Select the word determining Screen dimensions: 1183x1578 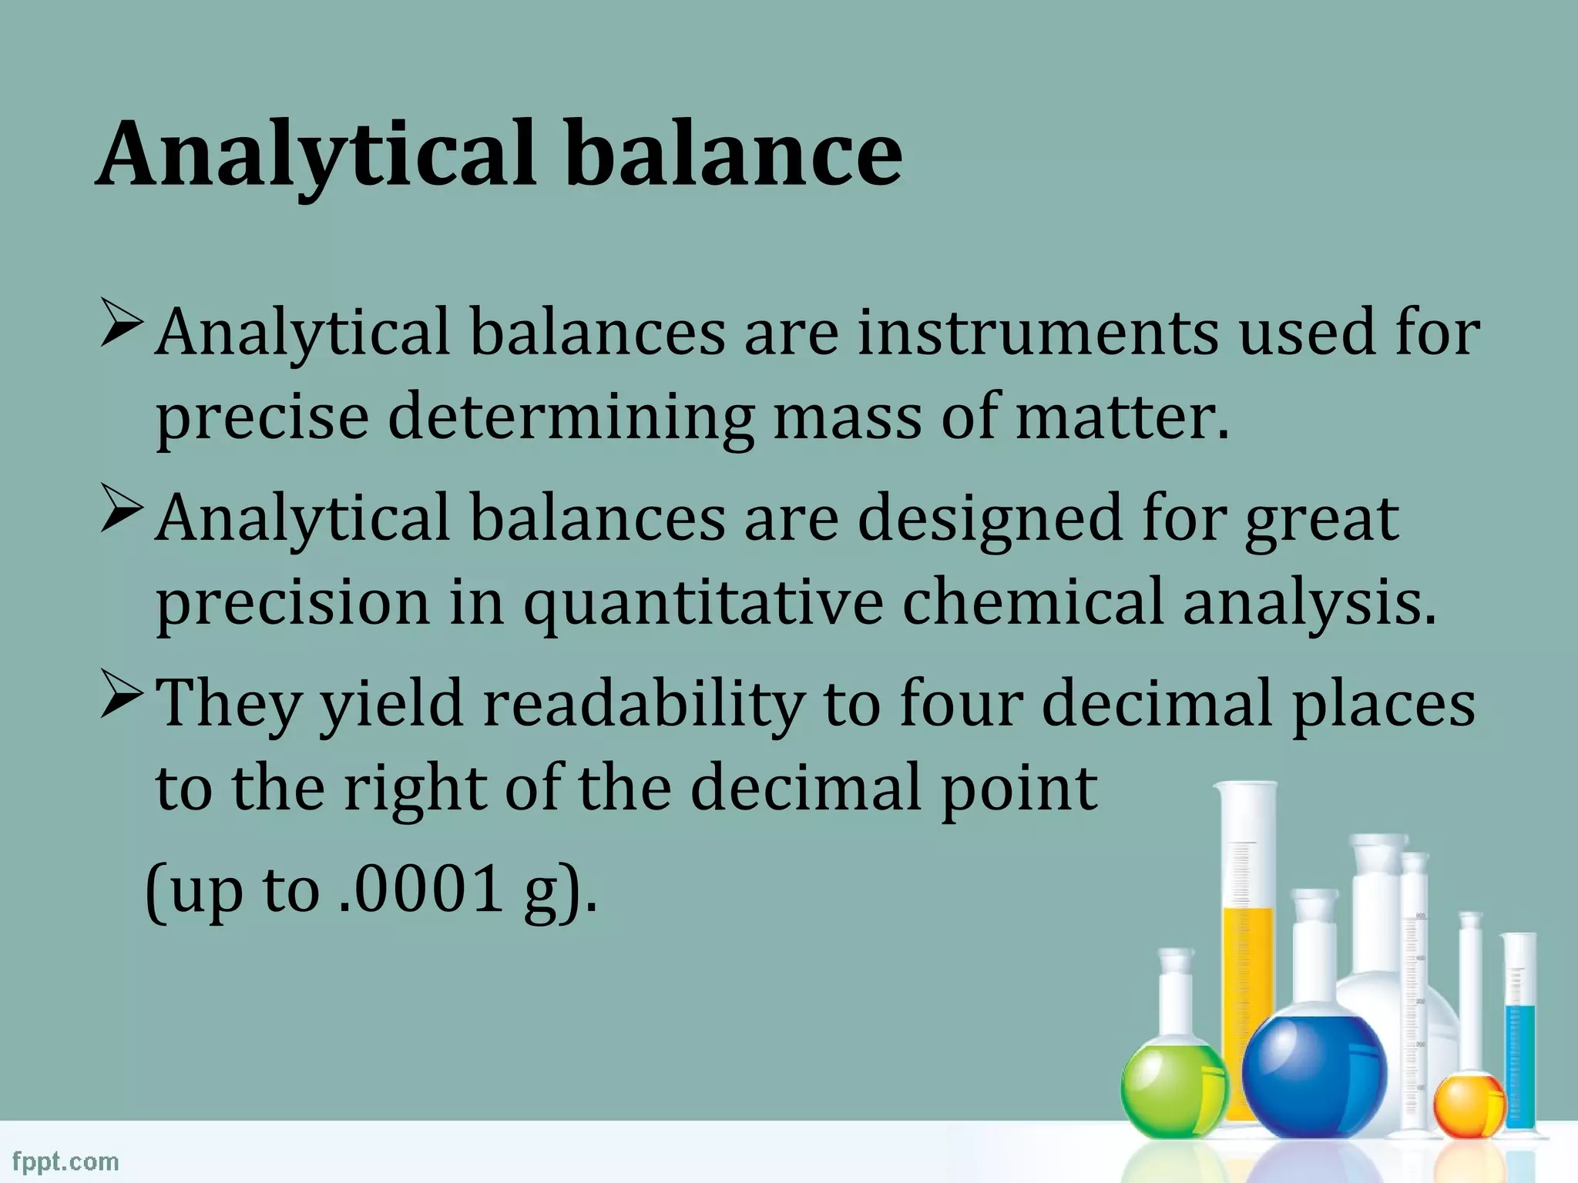pos(569,417)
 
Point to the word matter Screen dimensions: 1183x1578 pos(1121,417)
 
